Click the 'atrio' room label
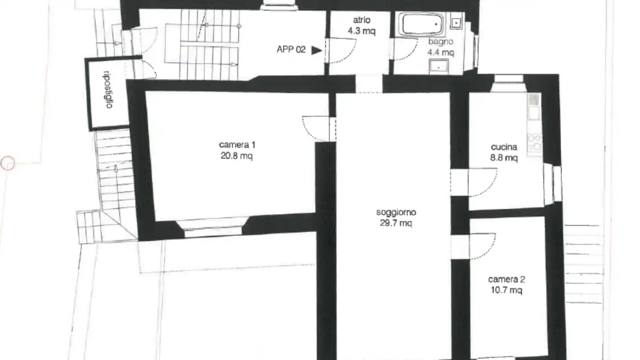click(362, 20)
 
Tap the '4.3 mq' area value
click(362, 32)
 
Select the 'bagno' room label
click(440, 42)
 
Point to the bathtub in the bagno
click(420, 24)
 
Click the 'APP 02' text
click(291, 50)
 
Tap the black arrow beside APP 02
click(316, 50)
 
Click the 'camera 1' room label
click(237, 145)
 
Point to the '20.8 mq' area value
click(237, 156)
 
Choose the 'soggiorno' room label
click(396, 212)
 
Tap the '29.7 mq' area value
click(396, 224)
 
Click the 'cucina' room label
click(504, 147)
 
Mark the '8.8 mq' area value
click(504, 158)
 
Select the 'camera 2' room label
click(507, 280)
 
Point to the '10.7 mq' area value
click(507, 291)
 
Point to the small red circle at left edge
click(8, 163)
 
